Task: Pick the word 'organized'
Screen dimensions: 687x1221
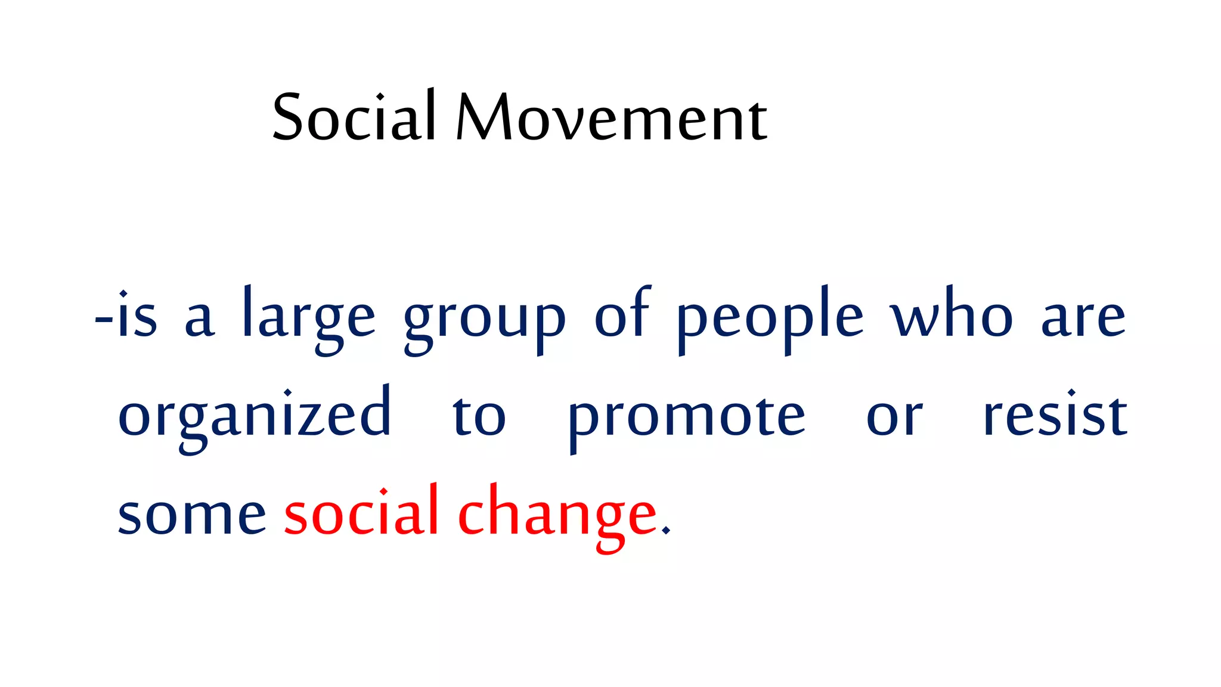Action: tap(255, 415)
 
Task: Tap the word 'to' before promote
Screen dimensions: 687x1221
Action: tap(479, 415)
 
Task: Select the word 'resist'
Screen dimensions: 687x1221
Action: tap(1055, 414)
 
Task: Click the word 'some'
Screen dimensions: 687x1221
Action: tap(191, 514)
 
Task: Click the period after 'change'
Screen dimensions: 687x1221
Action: tap(666, 531)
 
